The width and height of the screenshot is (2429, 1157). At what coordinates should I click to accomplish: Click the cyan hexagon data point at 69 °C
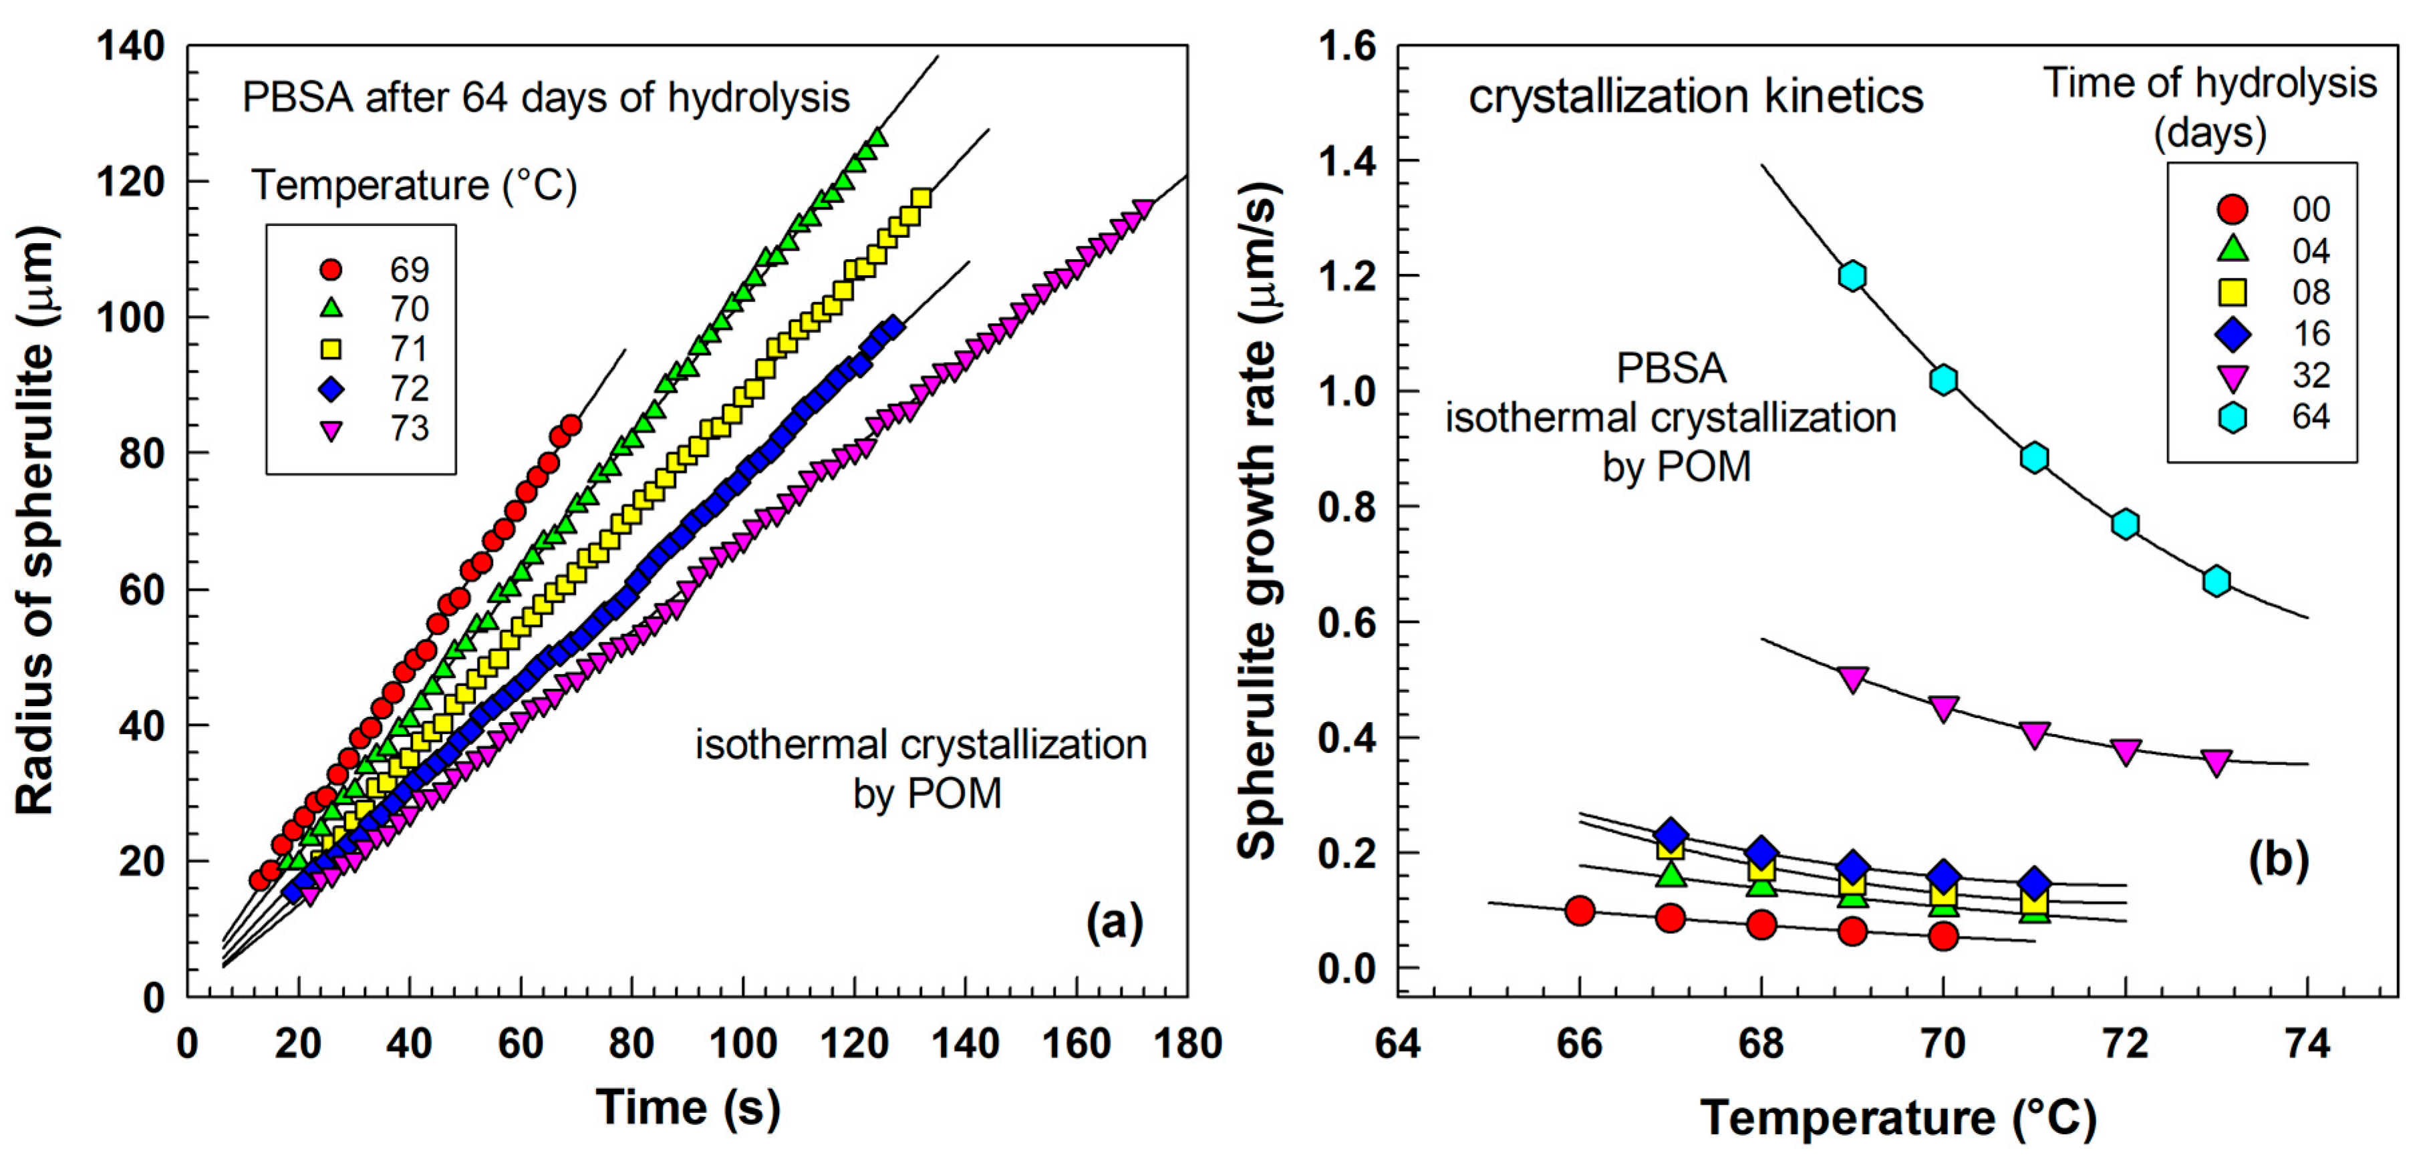click(1852, 277)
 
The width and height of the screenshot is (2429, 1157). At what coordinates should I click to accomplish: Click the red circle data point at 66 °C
click(1580, 911)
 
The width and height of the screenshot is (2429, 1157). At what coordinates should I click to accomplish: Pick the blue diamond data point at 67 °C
click(1670, 834)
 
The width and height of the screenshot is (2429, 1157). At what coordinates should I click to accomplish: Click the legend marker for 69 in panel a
click(331, 270)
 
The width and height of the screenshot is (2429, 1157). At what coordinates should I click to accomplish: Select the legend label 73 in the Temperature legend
click(409, 429)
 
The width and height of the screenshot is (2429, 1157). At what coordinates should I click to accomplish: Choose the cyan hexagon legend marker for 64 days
click(2232, 417)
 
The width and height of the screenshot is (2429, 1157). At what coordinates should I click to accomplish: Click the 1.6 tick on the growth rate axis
click(1346, 46)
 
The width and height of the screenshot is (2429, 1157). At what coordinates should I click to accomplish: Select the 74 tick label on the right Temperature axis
click(2307, 1044)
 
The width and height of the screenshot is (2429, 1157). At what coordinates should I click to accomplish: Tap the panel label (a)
click(1114, 921)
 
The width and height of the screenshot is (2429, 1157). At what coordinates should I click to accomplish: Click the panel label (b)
click(2278, 859)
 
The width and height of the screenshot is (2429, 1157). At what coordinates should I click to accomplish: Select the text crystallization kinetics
click(1695, 96)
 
